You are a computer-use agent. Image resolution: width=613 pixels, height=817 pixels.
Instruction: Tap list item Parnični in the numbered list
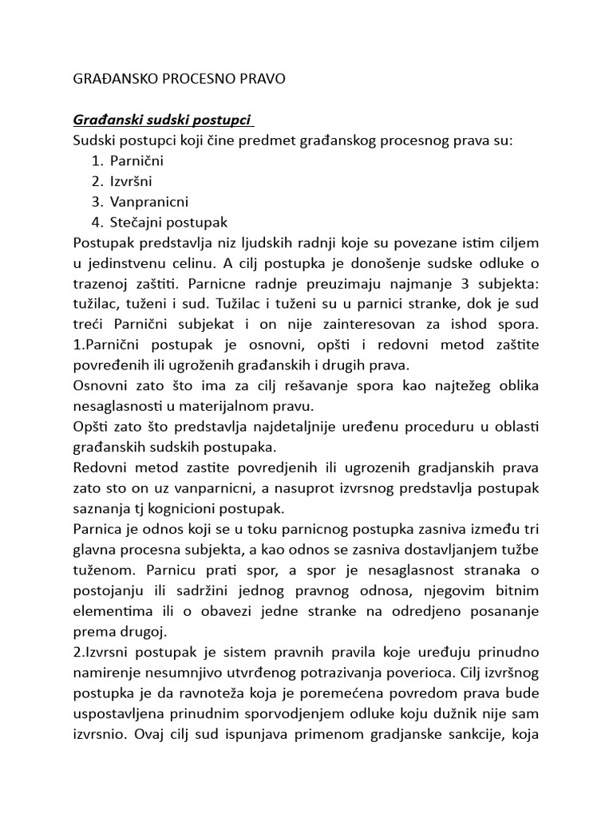136,160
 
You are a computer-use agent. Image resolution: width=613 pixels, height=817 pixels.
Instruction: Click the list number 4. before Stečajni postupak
98,222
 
